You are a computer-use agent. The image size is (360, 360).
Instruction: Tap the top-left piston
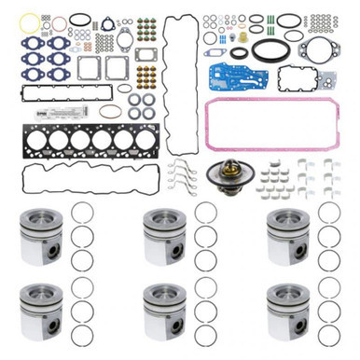tap(41, 234)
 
